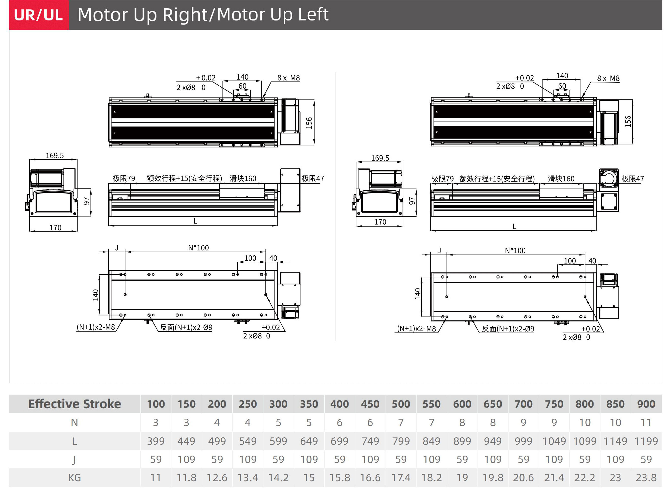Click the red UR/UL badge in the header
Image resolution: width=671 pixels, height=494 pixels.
pos(39,15)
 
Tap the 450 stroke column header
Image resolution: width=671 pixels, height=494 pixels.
pos(370,404)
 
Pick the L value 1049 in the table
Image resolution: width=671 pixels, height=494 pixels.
pos(554,441)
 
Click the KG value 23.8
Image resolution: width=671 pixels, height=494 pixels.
pos(646,478)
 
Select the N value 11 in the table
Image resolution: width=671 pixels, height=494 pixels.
pos(646,423)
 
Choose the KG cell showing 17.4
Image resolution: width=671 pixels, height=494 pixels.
pos(401,478)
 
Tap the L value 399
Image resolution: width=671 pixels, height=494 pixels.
pos(156,441)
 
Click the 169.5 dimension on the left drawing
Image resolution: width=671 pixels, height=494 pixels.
pos(55,156)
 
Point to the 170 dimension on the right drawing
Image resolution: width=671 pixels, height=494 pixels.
pos(380,222)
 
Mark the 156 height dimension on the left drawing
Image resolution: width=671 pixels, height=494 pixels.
pos(309,123)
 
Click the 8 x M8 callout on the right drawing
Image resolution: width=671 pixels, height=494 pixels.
pos(608,78)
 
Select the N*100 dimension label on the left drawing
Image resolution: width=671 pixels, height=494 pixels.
pos(198,248)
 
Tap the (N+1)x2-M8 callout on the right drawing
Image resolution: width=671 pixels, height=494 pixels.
pos(416,329)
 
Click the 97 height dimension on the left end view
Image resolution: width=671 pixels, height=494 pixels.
pos(87,201)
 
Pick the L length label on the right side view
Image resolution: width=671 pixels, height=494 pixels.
pos(515,227)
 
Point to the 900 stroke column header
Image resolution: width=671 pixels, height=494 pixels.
pos(646,404)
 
